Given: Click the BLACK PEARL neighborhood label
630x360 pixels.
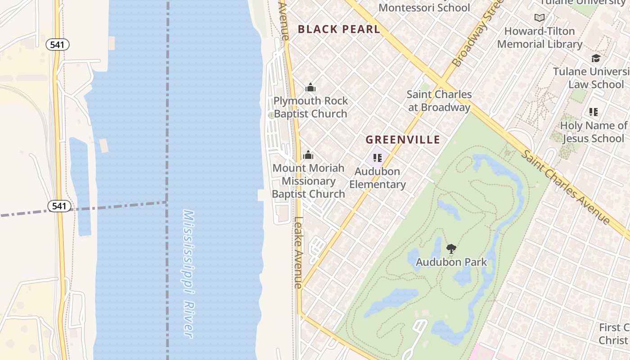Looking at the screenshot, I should [339, 29].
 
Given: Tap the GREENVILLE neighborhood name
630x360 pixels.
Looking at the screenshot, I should [402, 139].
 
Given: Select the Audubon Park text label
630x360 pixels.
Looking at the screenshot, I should [451, 262].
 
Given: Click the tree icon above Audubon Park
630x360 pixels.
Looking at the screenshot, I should [451, 248].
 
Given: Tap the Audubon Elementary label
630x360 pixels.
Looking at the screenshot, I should [378, 178].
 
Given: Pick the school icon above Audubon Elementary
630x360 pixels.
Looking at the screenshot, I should [377, 158].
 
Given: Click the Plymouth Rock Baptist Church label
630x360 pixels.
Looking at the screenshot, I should [310, 107].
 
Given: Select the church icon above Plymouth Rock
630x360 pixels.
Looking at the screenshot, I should [310, 87].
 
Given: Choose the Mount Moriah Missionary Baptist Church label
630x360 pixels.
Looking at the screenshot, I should [309, 181].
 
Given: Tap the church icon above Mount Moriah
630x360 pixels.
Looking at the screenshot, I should [308, 155].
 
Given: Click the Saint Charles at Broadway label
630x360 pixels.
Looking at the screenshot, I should [439, 101].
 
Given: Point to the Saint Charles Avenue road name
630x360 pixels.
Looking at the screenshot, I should [566, 187].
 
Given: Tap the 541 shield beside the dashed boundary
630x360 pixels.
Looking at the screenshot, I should [59, 206].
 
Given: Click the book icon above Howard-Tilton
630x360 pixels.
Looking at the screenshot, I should [539, 18].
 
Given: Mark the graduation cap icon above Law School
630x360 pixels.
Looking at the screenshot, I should [596, 58].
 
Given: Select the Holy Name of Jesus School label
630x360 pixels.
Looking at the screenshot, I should [594, 132].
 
